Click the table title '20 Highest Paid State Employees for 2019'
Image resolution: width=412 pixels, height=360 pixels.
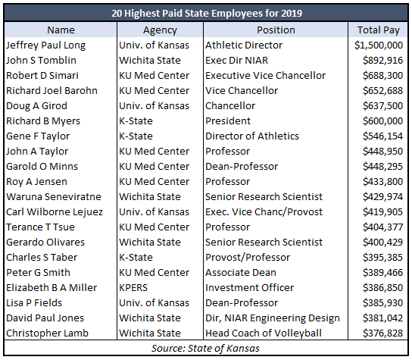[x=207, y=13]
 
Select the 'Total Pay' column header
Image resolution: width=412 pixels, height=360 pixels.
[x=379, y=30]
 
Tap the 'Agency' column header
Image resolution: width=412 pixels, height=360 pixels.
[x=160, y=30]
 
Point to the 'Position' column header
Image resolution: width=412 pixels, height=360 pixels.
[x=276, y=30]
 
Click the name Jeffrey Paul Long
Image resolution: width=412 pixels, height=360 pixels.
[x=46, y=45]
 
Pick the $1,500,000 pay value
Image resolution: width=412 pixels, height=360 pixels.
[x=379, y=45]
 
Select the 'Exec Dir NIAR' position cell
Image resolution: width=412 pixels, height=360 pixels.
[x=237, y=60]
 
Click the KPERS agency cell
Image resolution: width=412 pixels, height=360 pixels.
[x=133, y=288]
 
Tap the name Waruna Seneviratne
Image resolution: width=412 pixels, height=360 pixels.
[x=54, y=197]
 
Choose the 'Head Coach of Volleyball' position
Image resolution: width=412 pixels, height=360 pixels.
[x=264, y=333]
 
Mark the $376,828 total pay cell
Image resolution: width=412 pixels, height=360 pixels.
[x=382, y=333]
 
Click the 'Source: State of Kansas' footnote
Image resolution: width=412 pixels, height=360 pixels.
[x=205, y=349]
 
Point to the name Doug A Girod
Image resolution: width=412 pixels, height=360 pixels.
[x=37, y=105]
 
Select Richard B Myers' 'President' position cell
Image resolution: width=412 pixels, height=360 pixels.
[x=228, y=121]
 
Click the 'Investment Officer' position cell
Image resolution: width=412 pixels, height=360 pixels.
[x=250, y=288]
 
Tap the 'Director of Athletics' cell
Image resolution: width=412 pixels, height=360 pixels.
[x=252, y=136]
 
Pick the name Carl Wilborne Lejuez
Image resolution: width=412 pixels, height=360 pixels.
[x=55, y=212]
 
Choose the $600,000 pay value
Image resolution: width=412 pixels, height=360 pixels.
[x=382, y=121]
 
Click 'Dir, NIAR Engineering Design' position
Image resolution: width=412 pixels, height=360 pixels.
[x=273, y=318]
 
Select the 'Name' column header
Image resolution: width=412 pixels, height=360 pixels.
[x=61, y=30]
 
